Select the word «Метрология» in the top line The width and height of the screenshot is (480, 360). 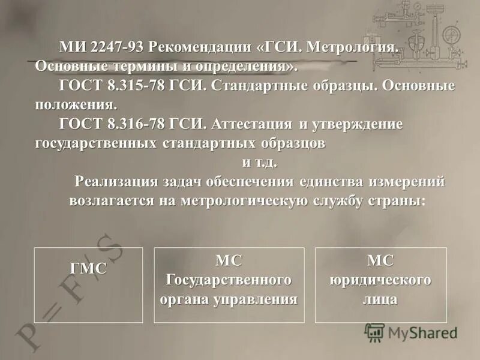point(353,46)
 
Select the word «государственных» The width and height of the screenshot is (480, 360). point(96,144)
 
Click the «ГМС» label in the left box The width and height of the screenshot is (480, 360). point(88,269)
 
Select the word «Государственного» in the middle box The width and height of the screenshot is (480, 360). point(229,280)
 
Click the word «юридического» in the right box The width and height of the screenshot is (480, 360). point(380,280)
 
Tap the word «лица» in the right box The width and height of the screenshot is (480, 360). point(380,299)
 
